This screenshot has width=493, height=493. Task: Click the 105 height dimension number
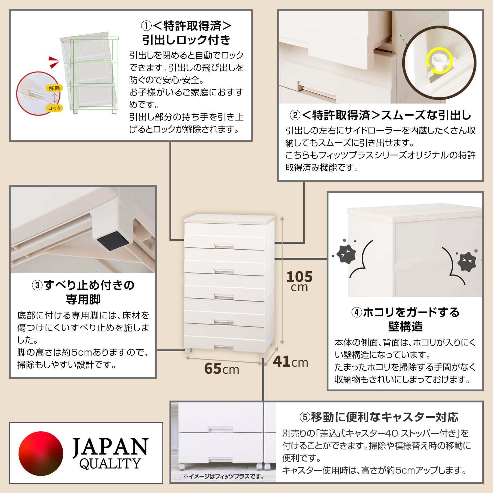299,277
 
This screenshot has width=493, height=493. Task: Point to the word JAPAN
110,446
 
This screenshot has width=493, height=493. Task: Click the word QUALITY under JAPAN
110,463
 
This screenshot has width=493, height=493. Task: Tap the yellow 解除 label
54,88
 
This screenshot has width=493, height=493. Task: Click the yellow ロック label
55,108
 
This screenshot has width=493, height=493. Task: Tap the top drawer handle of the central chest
224,245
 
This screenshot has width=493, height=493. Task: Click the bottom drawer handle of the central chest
224,347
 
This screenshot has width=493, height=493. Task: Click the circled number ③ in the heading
37,285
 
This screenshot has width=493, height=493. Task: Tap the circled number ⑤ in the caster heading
305,418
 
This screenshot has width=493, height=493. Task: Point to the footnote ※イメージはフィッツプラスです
224,485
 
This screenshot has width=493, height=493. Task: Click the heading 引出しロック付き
186,40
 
